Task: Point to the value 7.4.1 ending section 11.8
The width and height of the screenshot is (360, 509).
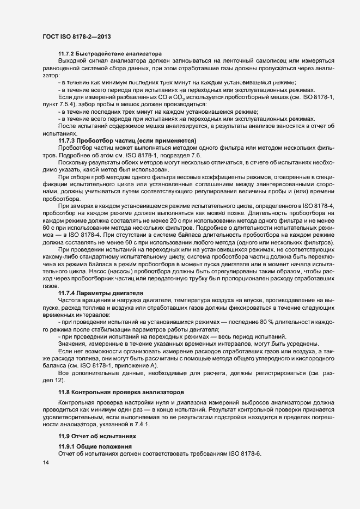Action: pos(132,423)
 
